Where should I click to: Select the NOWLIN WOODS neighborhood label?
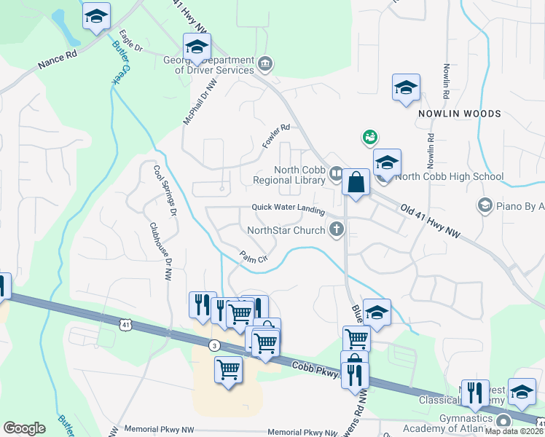[x=459, y=114]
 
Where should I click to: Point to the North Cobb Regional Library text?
[x=289, y=175]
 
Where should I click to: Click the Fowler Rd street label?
[x=277, y=136]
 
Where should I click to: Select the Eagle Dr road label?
[x=131, y=40]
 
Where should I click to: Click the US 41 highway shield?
[x=126, y=321]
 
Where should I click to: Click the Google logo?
[x=25, y=428]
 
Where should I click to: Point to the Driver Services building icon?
[x=265, y=64]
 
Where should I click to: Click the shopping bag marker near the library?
[x=356, y=183]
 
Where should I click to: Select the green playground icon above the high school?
[x=370, y=136]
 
